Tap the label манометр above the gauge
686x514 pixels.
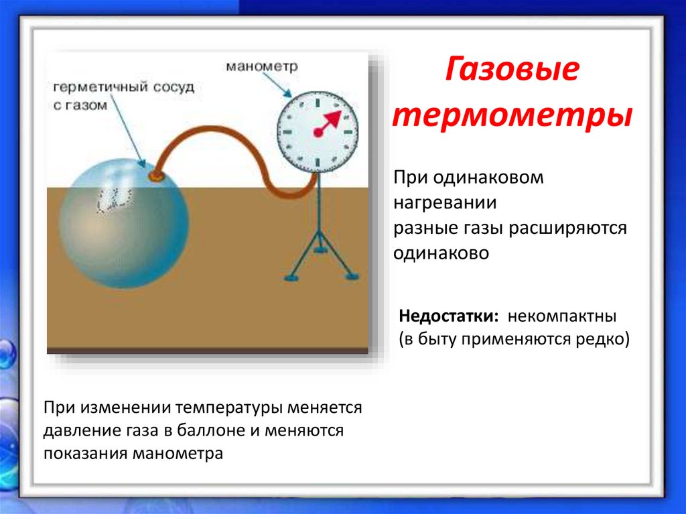[261, 67]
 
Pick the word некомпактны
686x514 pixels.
[561, 315]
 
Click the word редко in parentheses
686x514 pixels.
[603, 339]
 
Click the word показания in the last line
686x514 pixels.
[85, 453]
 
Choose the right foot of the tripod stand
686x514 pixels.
[351, 275]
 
